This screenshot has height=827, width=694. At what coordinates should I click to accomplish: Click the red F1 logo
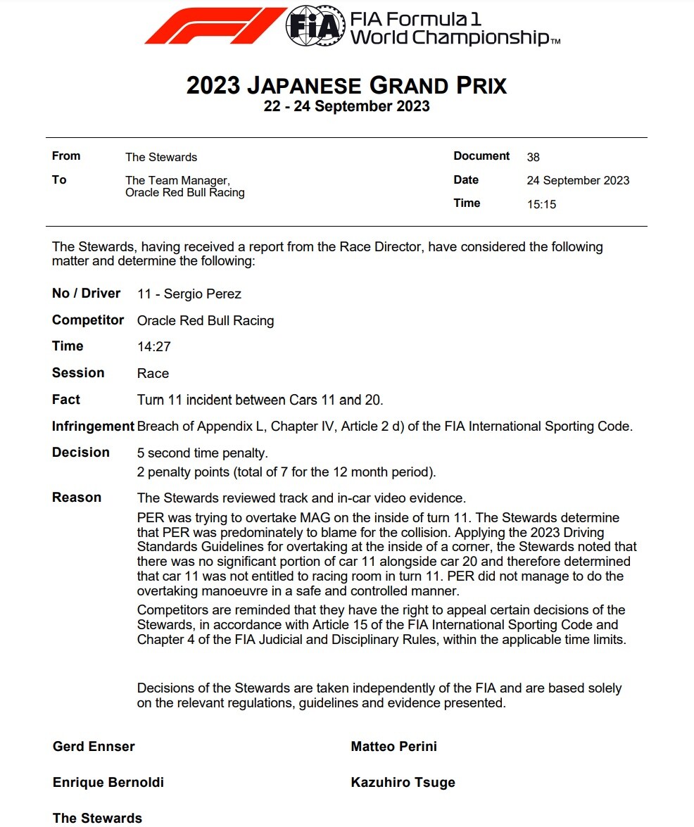point(215,25)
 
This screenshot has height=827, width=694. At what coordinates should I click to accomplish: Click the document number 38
point(533,157)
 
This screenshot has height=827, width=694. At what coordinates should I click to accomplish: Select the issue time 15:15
point(541,204)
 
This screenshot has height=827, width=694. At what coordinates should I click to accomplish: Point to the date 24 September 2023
point(578,180)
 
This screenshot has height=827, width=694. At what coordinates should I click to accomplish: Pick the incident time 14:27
point(154,346)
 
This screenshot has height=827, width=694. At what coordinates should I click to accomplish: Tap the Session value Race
point(153,373)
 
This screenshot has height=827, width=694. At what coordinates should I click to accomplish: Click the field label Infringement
point(93,426)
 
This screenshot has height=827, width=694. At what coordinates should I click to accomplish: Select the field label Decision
point(81,452)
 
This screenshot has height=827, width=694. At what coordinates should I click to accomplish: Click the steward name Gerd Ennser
point(94,746)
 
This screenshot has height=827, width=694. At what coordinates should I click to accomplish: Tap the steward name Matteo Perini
point(393,746)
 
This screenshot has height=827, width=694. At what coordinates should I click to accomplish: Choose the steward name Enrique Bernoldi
point(108,782)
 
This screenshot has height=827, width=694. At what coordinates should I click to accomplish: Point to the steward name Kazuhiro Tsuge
point(403,782)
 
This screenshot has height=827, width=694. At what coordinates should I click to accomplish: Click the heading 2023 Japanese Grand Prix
point(346,85)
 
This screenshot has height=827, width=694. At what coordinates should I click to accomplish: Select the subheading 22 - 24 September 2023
point(346,106)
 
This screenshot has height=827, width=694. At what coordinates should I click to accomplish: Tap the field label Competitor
point(88,320)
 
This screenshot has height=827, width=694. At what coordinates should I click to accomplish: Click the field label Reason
point(77,497)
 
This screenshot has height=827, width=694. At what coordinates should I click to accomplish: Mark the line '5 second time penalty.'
point(202,453)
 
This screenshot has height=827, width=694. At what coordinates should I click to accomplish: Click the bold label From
point(66,156)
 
